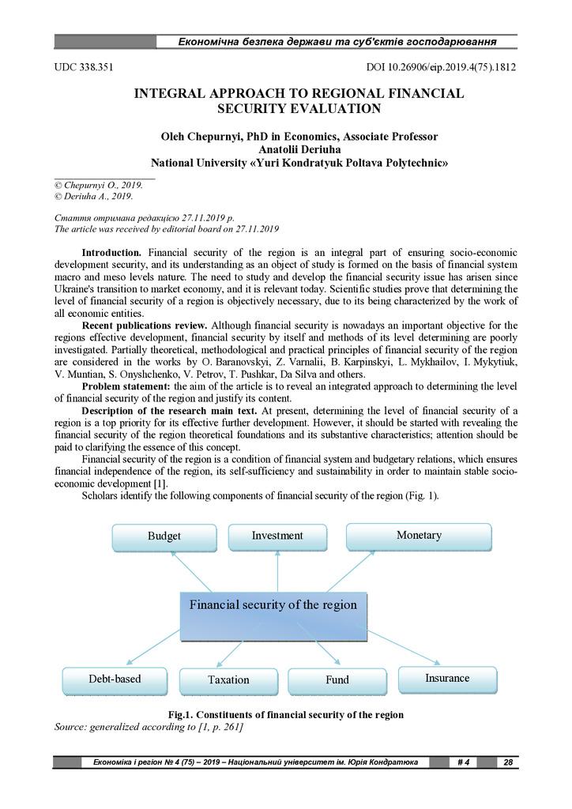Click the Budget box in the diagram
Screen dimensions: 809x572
point(164,536)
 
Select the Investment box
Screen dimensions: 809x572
point(277,536)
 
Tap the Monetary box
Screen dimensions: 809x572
point(419,536)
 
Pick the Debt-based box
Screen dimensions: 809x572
point(115,679)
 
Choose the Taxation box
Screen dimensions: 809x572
point(228,680)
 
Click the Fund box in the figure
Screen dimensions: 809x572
point(337,680)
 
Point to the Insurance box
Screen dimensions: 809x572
point(447,679)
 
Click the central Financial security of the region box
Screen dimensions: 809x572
point(273,606)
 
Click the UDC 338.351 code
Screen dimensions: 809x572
point(83,67)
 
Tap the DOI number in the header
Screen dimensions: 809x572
point(442,67)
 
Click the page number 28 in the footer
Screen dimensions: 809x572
point(508,762)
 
